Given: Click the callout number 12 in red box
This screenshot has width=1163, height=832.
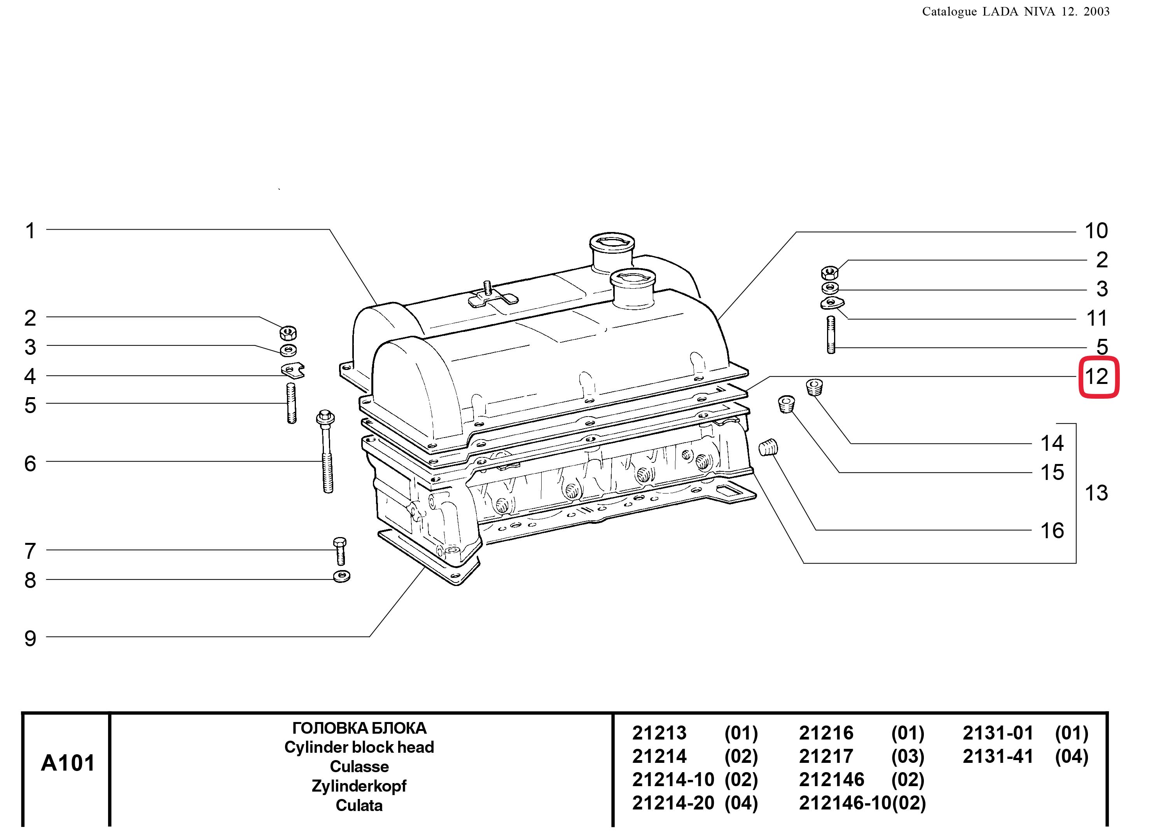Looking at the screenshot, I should point(1098,377).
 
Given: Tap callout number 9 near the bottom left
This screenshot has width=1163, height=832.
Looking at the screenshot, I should point(30,638).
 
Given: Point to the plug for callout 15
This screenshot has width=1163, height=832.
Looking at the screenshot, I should point(787,404).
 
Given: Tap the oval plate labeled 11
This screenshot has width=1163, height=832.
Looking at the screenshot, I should point(831,303).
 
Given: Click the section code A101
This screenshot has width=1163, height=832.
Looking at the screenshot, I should point(68,763).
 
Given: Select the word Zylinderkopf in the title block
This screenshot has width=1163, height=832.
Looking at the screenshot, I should point(359,786).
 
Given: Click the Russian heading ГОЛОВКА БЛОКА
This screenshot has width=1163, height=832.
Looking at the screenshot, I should point(359,728).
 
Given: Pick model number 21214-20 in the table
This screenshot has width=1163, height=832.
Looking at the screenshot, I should point(672,802).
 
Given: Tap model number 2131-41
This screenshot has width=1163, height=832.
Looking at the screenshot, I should point(997,757).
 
